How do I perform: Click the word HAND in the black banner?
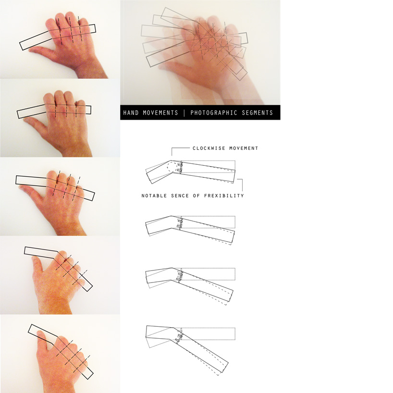click(131, 113)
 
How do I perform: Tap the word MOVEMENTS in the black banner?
click(160, 113)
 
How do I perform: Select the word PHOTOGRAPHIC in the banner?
click(213, 113)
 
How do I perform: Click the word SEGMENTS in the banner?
click(258, 113)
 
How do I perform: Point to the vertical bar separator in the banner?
click(184, 113)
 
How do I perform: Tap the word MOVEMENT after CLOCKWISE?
click(244, 148)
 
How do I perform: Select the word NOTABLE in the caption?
click(154, 196)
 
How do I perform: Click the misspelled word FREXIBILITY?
click(224, 196)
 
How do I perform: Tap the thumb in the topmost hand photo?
click(41, 51)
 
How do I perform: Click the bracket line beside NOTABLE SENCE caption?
click(241, 184)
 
